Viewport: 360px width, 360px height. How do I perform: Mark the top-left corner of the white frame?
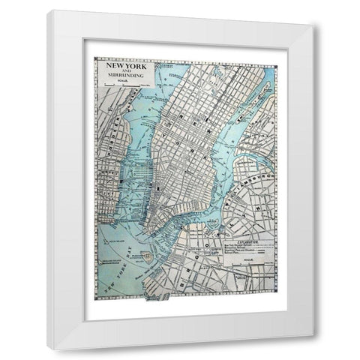point(49,10)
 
